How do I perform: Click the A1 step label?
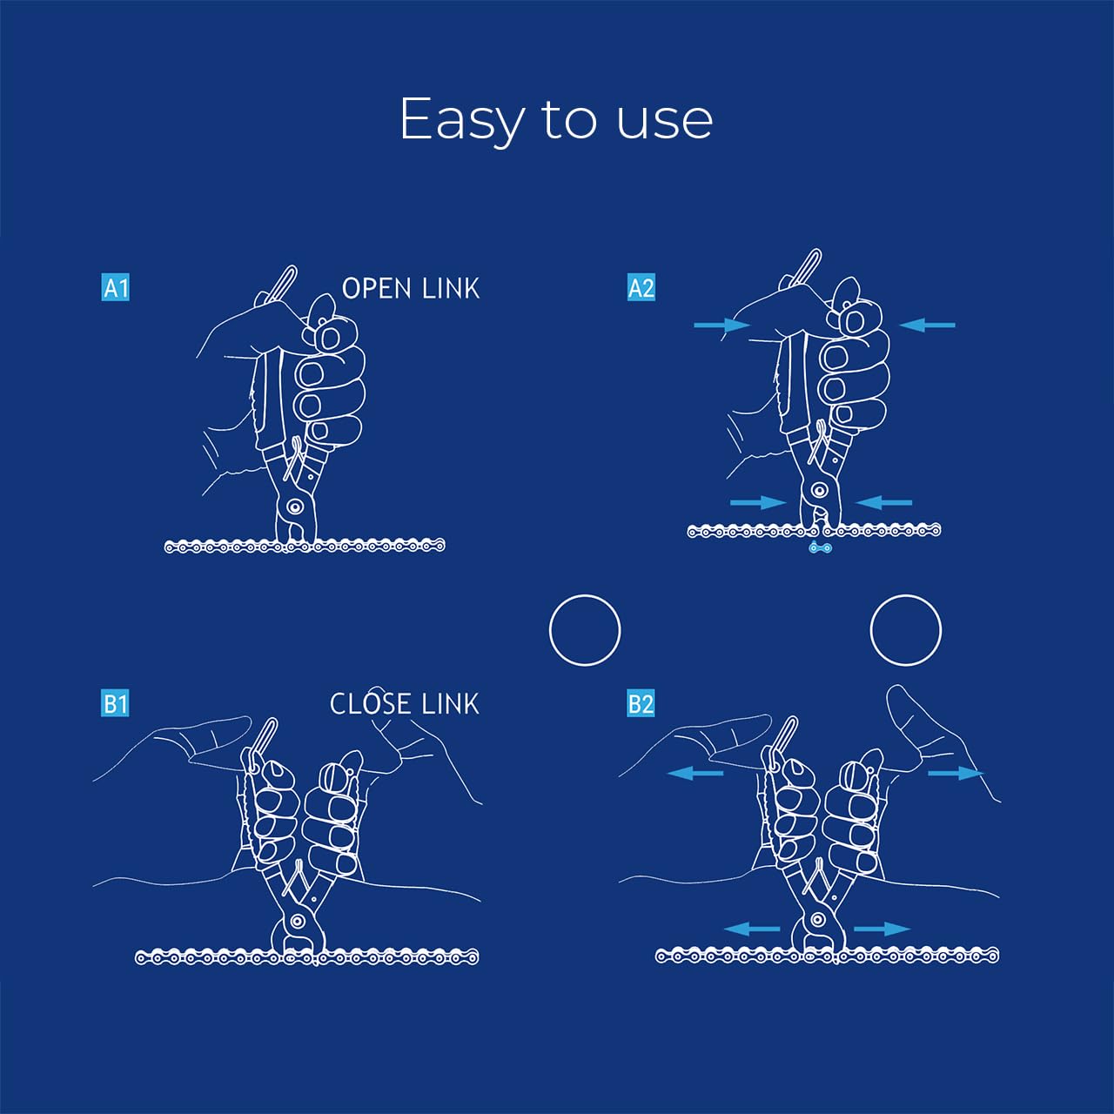pyautogui.click(x=115, y=287)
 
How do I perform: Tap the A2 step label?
pyautogui.click(x=641, y=287)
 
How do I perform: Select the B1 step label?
pyautogui.click(x=115, y=703)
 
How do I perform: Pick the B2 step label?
pyautogui.click(x=641, y=703)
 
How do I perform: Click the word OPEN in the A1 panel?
pyautogui.click(x=377, y=288)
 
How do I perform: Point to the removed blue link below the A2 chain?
pyautogui.click(x=821, y=547)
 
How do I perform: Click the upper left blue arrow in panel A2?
pyautogui.click(x=721, y=325)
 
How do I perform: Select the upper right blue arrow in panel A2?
pyautogui.click(x=927, y=325)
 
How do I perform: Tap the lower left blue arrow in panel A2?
pyautogui.click(x=758, y=502)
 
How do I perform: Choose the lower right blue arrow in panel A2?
pyautogui.click(x=883, y=502)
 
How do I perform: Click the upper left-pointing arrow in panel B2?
pyautogui.click(x=695, y=773)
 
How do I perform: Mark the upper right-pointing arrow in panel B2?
pyautogui.click(x=956, y=773)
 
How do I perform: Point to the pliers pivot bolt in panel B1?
pyautogui.click(x=299, y=920)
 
